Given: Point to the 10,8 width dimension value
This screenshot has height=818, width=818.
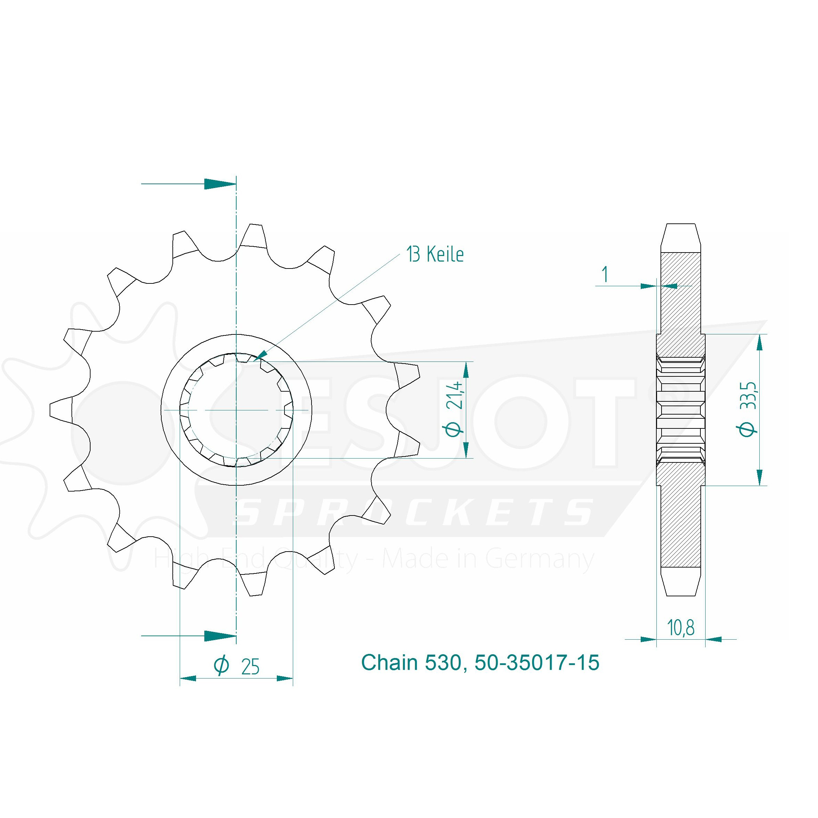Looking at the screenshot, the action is (x=681, y=628).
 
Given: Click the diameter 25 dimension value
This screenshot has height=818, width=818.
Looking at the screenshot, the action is (x=250, y=667).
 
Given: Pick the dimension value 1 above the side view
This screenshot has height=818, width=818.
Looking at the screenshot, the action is (x=605, y=274).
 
